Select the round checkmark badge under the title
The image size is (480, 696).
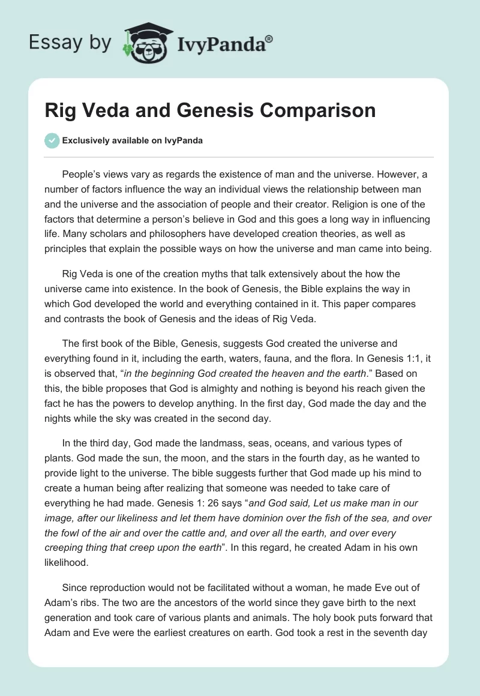coord(52,140)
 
